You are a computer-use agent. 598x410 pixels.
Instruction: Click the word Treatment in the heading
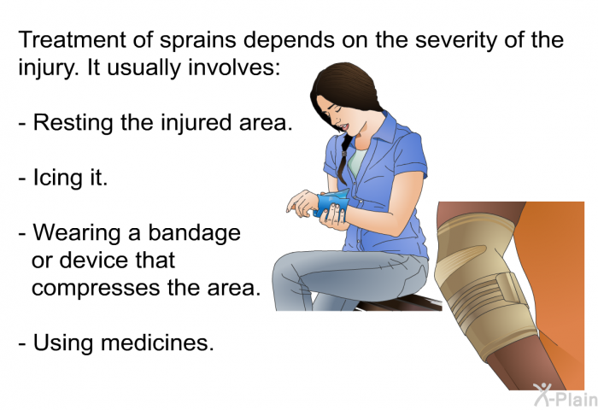[x=72, y=39]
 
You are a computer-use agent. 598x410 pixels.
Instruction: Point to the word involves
[x=234, y=67]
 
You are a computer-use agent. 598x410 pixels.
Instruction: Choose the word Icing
[x=57, y=179]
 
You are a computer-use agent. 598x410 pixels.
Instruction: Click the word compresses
[x=96, y=289]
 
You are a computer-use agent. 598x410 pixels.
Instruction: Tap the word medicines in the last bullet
[x=157, y=343]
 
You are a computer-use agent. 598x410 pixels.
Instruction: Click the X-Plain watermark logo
[x=566, y=395]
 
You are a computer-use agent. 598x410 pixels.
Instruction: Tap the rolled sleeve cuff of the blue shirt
[x=413, y=167]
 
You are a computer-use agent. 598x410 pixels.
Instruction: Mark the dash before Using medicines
[x=22, y=343]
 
